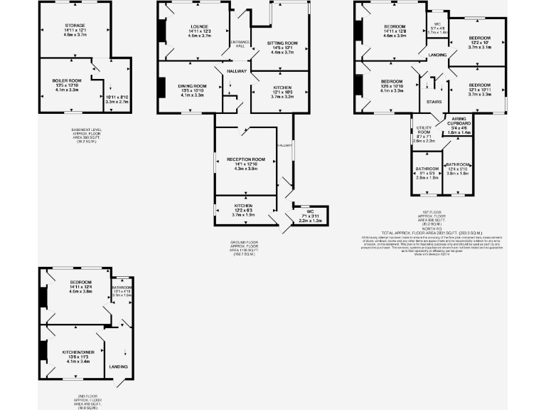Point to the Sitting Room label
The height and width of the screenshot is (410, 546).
click(281, 43)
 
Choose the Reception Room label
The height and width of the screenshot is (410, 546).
click(245, 159)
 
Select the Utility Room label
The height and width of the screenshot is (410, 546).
click(424, 132)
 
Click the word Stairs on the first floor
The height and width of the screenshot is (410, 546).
click(433, 102)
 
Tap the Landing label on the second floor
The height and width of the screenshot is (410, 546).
click(118, 367)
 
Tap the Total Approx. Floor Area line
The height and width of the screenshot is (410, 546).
click(432, 233)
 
